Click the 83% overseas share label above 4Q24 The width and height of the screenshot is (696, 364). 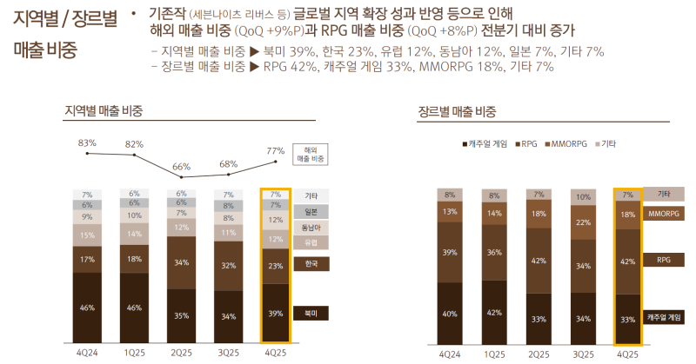87,142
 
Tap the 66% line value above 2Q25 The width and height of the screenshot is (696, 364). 181,166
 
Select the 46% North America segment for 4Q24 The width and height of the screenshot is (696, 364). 87,308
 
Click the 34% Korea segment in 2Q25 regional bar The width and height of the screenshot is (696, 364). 181,262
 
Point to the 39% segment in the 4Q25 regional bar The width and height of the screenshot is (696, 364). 275,313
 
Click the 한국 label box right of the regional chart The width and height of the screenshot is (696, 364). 311,262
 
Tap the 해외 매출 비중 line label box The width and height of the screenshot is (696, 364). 311,155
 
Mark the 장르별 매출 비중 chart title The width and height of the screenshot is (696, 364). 457,110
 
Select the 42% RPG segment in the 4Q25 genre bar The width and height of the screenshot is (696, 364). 628,261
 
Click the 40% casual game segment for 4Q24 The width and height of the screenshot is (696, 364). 449,314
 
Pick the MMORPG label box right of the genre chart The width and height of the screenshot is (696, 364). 664,213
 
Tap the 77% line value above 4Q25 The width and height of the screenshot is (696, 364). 275,150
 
